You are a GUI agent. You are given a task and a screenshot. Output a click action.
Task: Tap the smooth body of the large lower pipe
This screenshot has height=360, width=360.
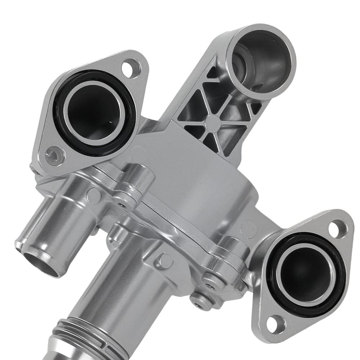pos(122,284)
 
